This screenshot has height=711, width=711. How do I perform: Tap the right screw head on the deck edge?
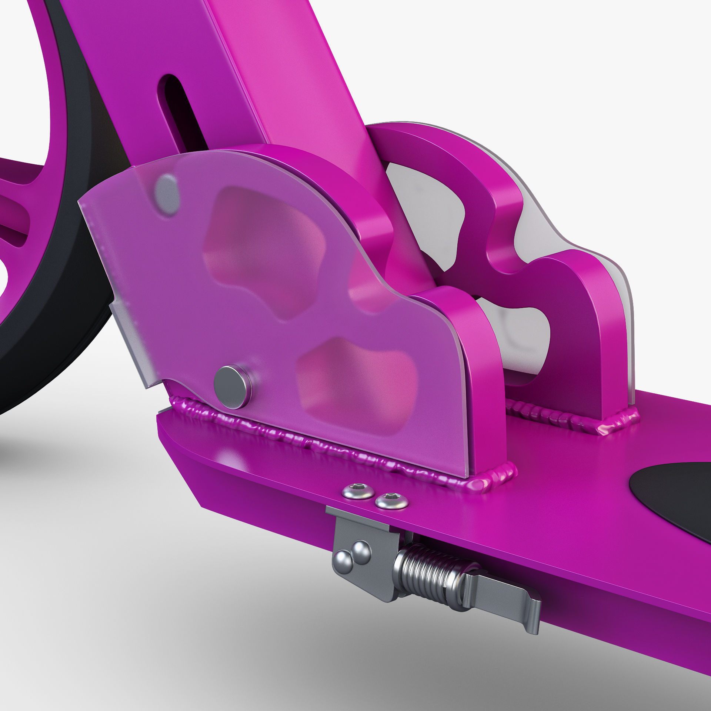(392, 501)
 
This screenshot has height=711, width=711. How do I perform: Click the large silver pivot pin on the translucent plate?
(232, 387)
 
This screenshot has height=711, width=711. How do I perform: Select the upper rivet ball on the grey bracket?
(361, 552)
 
